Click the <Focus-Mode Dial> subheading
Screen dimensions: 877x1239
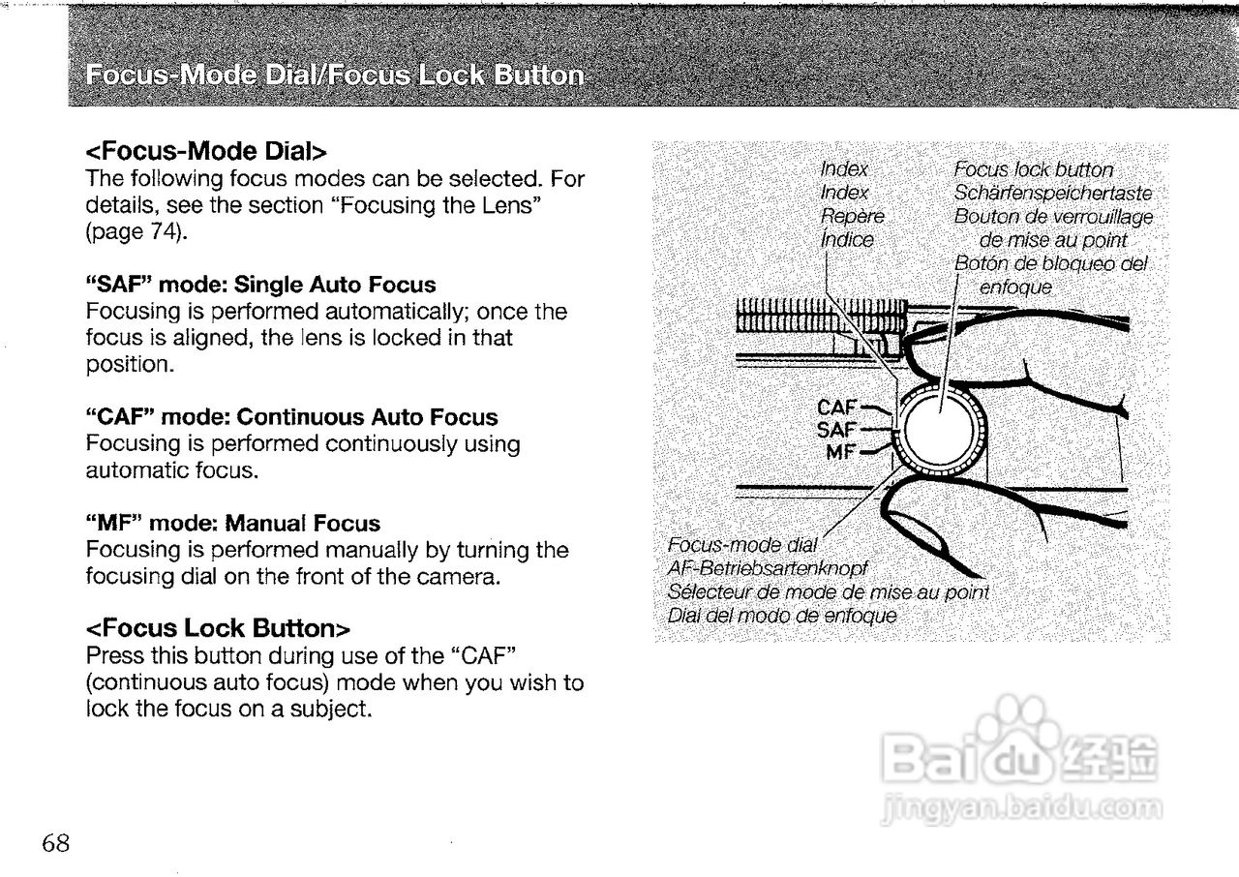[x=206, y=152]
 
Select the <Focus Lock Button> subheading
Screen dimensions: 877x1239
[x=217, y=629]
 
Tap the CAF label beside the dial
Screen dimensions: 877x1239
[x=838, y=408]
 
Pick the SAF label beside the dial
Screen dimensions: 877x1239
[x=838, y=429]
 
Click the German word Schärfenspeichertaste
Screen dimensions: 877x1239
[x=1052, y=194]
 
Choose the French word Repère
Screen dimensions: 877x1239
[x=852, y=216]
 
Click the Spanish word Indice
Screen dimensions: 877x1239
[x=846, y=239]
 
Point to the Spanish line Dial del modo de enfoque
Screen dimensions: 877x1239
[x=782, y=616]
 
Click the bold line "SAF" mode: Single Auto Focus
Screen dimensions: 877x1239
[x=261, y=286]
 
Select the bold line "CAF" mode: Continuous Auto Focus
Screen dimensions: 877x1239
[x=292, y=418]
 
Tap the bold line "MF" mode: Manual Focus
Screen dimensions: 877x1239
[x=233, y=524]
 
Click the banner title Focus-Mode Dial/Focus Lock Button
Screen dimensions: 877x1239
[x=334, y=76]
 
